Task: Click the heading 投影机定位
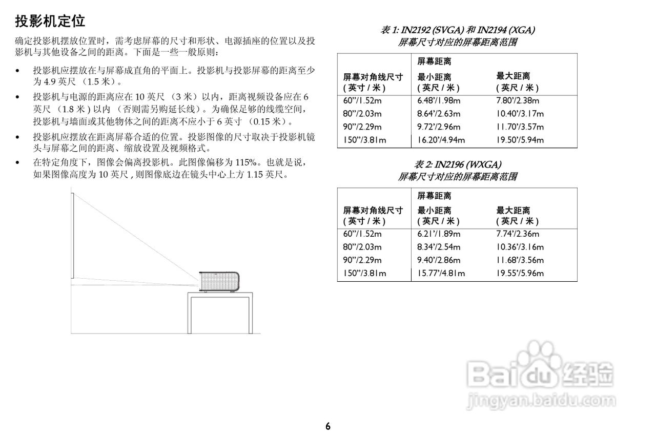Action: pyautogui.click(x=50, y=21)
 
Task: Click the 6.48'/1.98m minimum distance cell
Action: pyautogui.click(x=439, y=101)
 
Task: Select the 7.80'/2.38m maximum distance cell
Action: pyautogui.click(x=518, y=101)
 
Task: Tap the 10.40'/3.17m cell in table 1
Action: pyautogui.click(x=520, y=114)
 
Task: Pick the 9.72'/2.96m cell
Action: pyautogui.click(x=439, y=127)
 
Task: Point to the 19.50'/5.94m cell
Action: pyautogui.click(x=520, y=140)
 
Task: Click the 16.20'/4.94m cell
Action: pyautogui.click(x=441, y=140)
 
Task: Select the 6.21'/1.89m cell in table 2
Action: pyautogui.click(x=439, y=234)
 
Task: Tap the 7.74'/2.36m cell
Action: pyautogui.click(x=518, y=234)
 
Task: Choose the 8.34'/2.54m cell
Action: pyautogui.click(x=439, y=247)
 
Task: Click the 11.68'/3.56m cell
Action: pyautogui.click(x=520, y=260)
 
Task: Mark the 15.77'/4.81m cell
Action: pyautogui.click(x=441, y=273)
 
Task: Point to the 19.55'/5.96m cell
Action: pyautogui.click(x=520, y=273)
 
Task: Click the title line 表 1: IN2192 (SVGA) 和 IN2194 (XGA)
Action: pyautogui.click(x=458, y=30)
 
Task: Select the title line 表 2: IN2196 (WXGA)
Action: pyautogui.click(x=458, y=164)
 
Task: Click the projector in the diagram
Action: pyautogui.click(x=219, y=282)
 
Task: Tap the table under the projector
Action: pyautogui.click(x=220, y=313)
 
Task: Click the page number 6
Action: pyautogui.click(x=328, y=426)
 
